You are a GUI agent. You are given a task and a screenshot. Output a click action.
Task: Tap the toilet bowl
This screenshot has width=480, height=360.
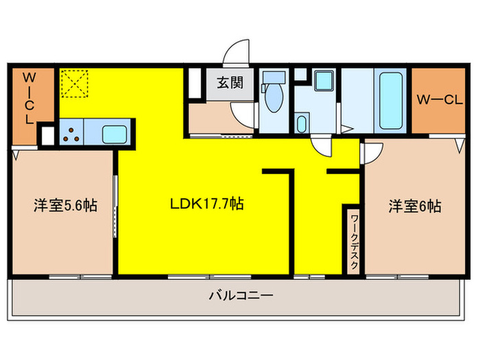[274, 99]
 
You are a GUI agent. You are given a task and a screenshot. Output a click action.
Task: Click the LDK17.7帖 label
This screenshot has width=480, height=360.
[206, 204]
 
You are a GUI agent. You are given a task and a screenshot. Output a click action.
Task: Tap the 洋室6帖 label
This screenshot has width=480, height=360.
[415, 205]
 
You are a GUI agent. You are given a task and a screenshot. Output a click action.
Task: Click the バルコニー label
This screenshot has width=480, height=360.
[241, 296]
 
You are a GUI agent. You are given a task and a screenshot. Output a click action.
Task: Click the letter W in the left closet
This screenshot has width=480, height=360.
[30, 76]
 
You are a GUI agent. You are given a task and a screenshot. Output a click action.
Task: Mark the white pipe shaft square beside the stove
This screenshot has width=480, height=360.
[47, 135]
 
